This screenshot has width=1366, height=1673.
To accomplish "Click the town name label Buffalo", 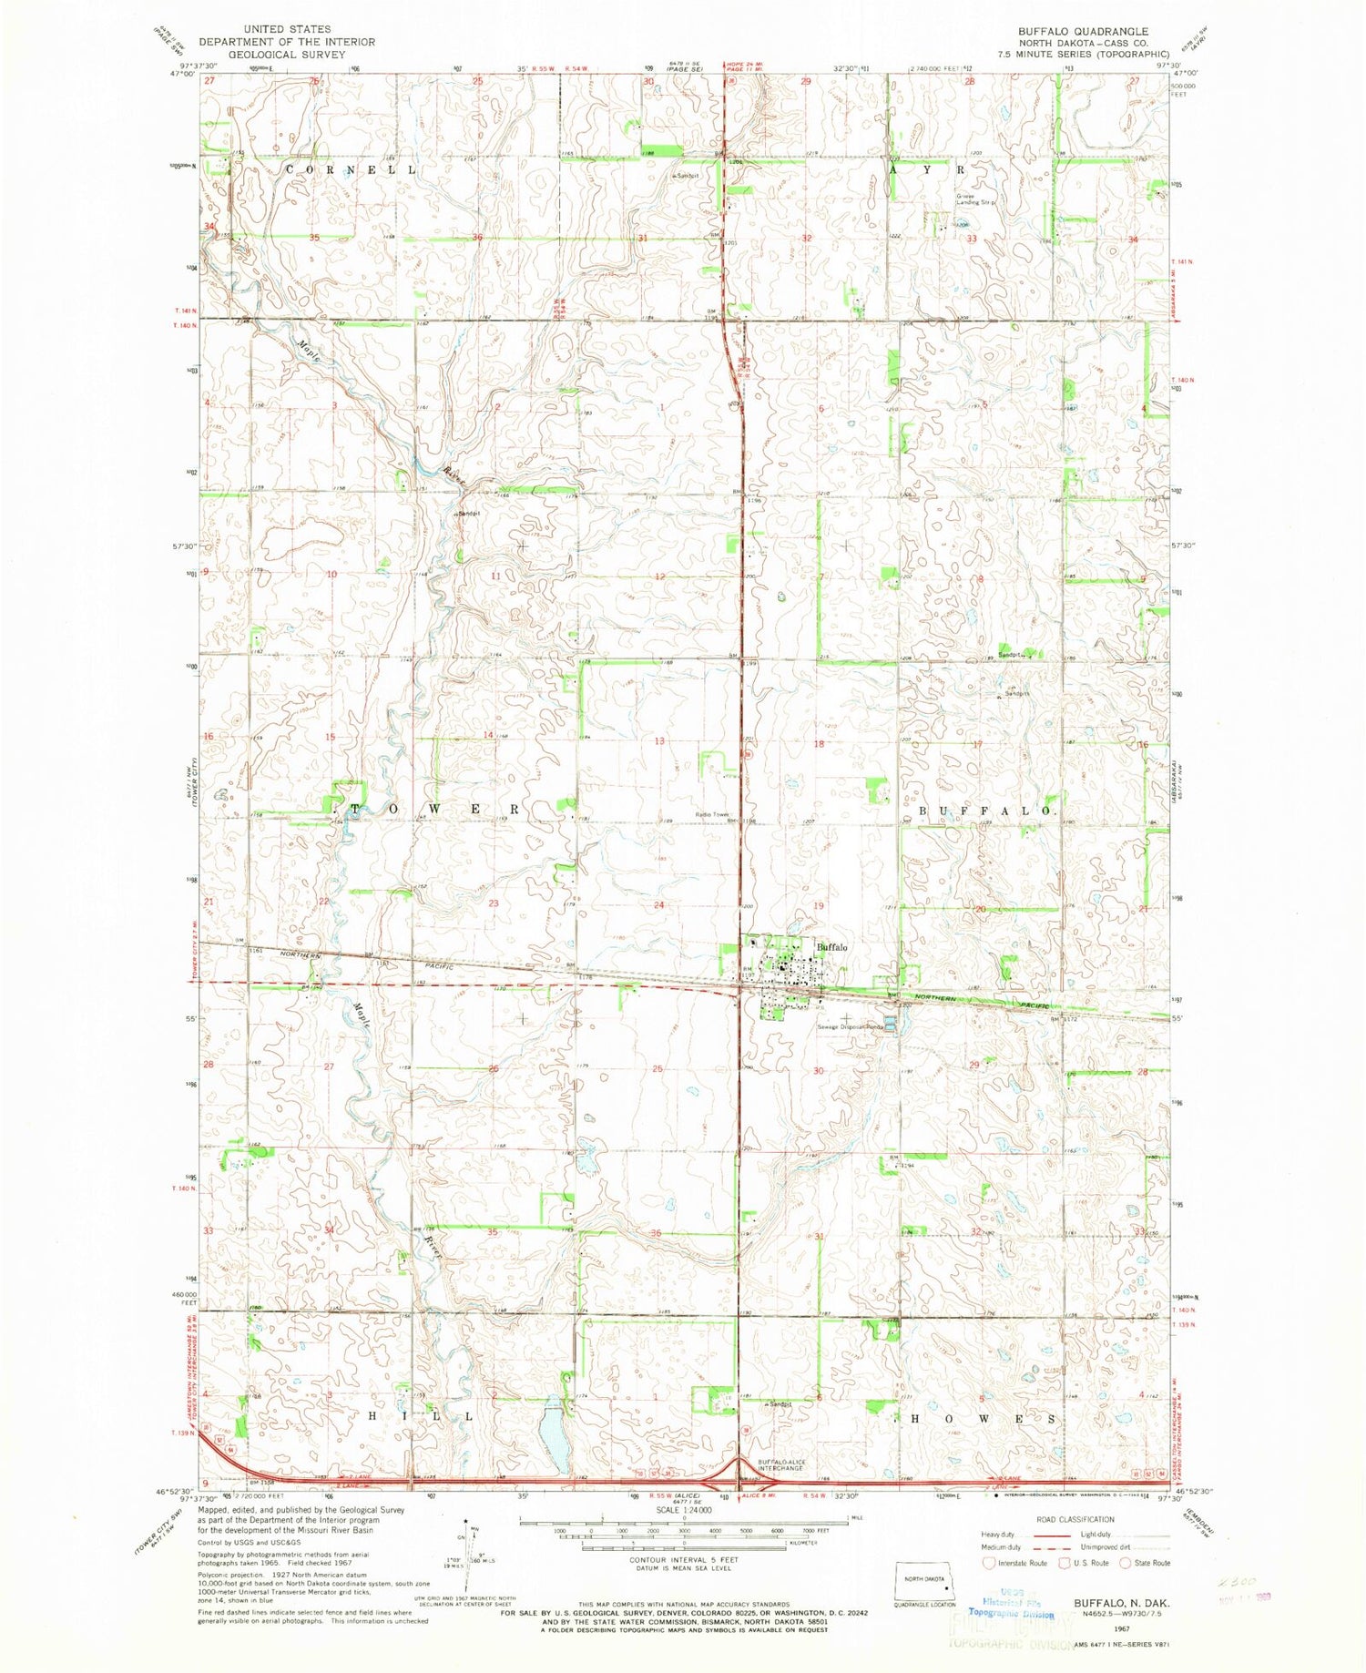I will [832, 947].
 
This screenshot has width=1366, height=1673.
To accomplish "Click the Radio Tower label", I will [713, 814].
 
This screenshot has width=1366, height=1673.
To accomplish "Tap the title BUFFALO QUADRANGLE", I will [1084, 31].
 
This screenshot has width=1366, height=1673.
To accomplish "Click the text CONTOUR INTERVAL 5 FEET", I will [684, 1559].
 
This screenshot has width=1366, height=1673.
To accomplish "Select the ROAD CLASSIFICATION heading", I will [1075, 1519].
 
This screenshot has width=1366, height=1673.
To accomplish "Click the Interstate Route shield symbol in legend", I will [988, 1563].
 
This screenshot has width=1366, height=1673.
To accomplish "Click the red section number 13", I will [658, 741].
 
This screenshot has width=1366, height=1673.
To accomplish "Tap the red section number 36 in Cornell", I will [476, 239].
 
